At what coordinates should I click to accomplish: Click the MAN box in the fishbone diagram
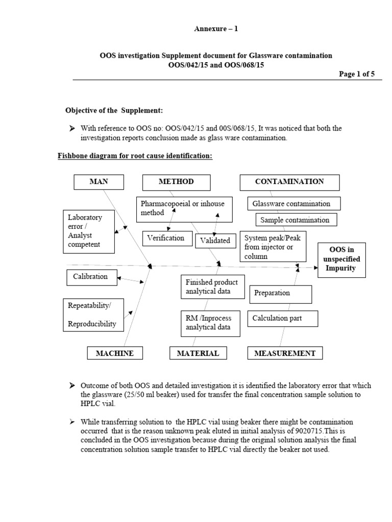pos(99,182)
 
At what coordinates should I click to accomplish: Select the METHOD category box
pos(176,182)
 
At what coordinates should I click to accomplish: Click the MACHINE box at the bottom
pos(115,353)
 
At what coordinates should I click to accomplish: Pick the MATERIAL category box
pos(198,353)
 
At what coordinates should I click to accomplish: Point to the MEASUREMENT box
pos(285,353)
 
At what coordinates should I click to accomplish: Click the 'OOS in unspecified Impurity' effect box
pos(341,259)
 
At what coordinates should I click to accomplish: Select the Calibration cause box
pos(90,277)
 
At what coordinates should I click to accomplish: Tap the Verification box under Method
pos(166,238)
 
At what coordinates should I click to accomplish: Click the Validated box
pos(215,241)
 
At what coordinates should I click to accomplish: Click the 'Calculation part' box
pos(283,319)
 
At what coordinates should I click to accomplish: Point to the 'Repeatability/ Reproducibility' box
pos(94,314)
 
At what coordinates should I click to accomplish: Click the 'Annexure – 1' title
pos(216,29)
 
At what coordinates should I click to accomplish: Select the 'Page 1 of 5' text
pos(357,74)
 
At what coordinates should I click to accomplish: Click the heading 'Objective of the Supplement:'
pos(114,111)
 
